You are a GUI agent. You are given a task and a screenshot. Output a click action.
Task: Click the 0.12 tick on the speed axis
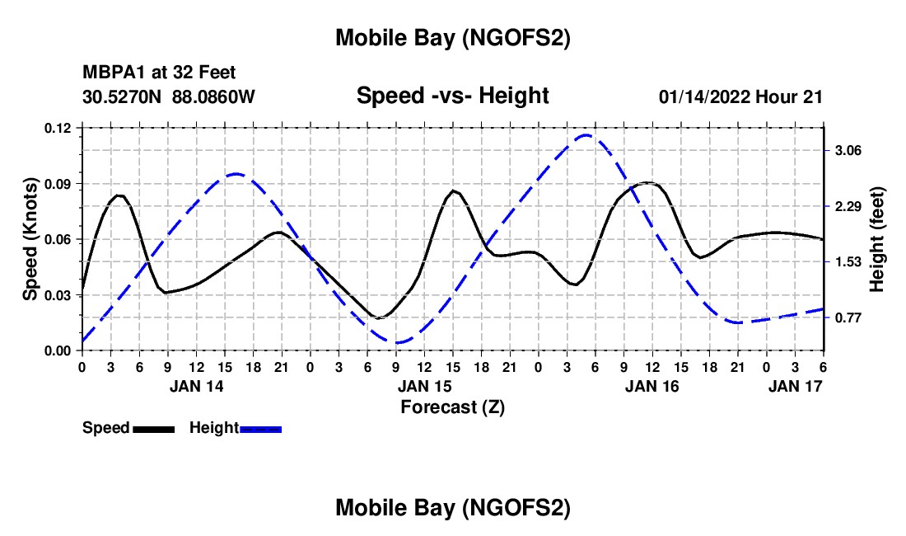click(x=59, y=128)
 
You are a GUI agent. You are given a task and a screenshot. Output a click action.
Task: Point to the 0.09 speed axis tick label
click(x=59, y=183)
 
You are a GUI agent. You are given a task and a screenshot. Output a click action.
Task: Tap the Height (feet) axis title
click(x=877, y=239)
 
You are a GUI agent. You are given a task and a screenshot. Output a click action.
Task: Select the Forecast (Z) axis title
click(x=452, y=407)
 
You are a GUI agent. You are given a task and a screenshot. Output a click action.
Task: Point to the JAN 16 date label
click(x=651, y=386)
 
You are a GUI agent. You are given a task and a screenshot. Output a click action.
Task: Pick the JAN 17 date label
click(x=796, y=386)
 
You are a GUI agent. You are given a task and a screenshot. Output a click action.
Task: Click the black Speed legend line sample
click(x=153, y=428)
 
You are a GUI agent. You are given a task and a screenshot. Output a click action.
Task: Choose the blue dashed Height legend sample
click(x=261, y=428)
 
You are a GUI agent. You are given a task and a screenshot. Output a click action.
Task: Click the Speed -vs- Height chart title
click(x=452, y=96)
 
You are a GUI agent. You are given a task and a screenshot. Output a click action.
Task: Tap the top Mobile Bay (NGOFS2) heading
click(x=452, y=38)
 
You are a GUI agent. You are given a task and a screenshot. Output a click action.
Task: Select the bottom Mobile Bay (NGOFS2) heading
click(x=452, y=509)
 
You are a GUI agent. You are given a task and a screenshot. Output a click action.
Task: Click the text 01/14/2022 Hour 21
click(x=740, y=96)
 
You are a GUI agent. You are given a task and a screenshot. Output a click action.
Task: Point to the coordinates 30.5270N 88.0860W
click(x=169, y=96)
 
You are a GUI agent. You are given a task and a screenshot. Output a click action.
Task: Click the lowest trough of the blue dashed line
click(x=398, y=342)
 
